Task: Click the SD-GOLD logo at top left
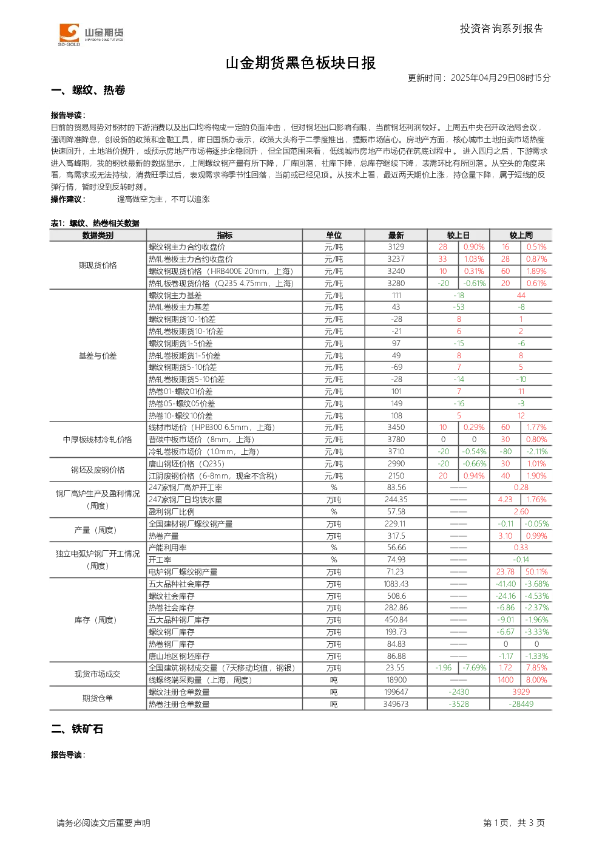click(x=91, y=35)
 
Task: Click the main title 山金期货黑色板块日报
click(x=300, y=63)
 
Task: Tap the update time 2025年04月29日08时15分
click(x=501, y=78)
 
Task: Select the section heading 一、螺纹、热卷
click(x=88, y=90)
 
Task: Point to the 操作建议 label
click(x=68, y=199)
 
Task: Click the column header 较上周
click(x=521, y=236)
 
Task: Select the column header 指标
click(x=225, y=236)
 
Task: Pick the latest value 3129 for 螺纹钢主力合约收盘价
click(x=396, y=247)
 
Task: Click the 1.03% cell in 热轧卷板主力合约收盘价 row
click(x=474, y=259)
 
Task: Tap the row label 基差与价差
click(x=98, y=356)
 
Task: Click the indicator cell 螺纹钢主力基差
click(x=175, y=296)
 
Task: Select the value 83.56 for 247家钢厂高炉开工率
click(x=396, y=487)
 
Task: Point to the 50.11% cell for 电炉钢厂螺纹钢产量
click(x=536, y=571)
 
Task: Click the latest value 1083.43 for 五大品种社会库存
click(x=396, y=584)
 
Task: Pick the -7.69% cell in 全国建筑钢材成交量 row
click(x=474, y=668)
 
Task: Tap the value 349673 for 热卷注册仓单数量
click(x=396, y=704)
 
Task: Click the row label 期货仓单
click(x=98, y=698)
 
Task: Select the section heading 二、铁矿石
click(x=77, y=729)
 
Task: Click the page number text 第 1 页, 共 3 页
click(x=514, y=823)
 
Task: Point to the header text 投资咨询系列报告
click(x=502, y=29)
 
